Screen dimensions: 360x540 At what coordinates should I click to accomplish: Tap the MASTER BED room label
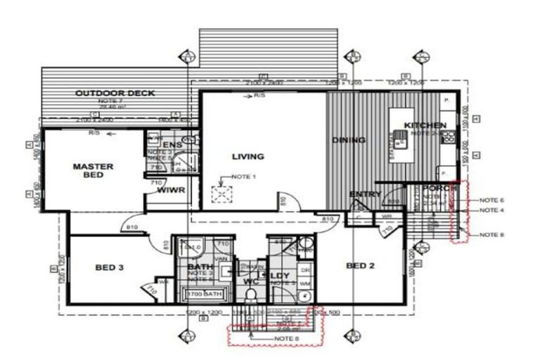tap(94, 170)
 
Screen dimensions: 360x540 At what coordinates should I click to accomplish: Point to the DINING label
tap(349, 140)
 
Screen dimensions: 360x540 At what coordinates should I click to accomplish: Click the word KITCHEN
tap(425, 125)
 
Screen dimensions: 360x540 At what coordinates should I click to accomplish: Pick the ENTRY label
tap(365, 194)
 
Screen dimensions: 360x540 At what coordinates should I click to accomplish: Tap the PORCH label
tap(440, 188)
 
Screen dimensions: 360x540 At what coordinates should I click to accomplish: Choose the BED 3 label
tap(110, 267)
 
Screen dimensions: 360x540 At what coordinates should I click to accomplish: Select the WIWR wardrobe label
tap(170, 190)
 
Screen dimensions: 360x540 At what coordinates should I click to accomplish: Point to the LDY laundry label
tap(279, 276)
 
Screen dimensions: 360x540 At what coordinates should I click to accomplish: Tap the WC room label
tap(251, 282)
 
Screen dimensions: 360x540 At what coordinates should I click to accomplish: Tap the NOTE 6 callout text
tap(493, 200)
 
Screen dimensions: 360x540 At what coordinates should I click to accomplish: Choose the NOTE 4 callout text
tap(493, 210)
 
